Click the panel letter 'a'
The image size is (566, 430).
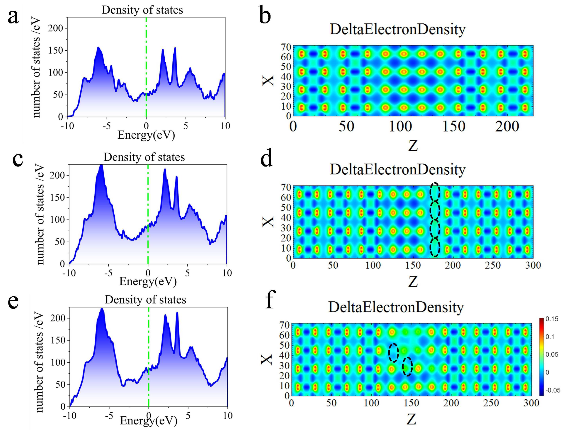pos(13,17)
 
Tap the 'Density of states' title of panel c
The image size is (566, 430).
pos(144,157)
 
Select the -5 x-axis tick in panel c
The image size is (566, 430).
pos(109,273)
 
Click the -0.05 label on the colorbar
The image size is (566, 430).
pos(553,390)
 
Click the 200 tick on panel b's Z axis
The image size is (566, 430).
pos(507,126)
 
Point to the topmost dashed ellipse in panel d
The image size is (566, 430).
pos(435,191)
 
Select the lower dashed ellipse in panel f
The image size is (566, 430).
pos(407,367)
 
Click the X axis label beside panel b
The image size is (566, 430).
pos(268,81)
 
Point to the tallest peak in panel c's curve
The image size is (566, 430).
pos(101,166)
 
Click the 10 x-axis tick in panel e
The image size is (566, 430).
pos(227,416)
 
